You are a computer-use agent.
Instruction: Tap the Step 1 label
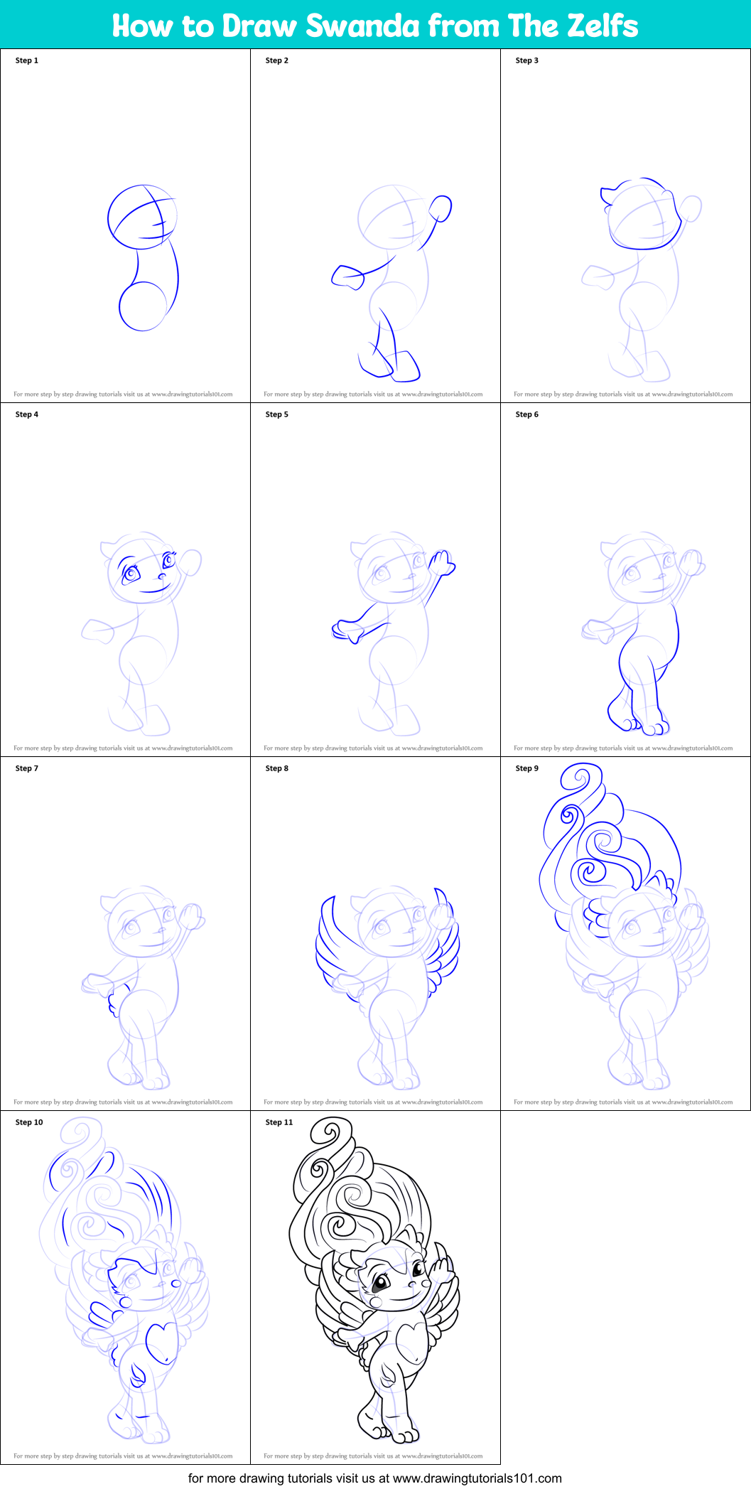(27, 60)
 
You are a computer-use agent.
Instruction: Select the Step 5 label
(277, 414)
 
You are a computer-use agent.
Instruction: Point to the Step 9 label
(527, 768)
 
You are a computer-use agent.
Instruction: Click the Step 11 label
(279, 1122)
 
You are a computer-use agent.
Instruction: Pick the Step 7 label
(27, 768)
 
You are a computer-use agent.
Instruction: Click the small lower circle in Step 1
(143, 306)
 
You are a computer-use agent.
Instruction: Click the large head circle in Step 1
(141, 217)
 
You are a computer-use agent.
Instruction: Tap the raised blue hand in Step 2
(441, 208)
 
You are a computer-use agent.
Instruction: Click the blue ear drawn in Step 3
(608, 195)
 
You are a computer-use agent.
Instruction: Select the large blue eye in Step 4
(131, 573)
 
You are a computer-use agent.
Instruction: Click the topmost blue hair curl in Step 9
(580, 778)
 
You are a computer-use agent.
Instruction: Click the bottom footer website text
(375, 1478)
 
